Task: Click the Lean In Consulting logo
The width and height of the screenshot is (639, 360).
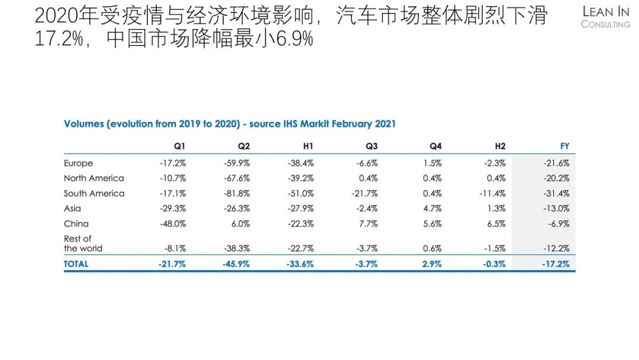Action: (605, 17)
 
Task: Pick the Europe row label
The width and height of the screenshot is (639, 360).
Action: (78, 163)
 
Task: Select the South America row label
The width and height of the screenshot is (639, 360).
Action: (94, 193)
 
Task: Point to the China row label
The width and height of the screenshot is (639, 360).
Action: (76, 223)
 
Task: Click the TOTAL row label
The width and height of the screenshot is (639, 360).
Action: (76, 264)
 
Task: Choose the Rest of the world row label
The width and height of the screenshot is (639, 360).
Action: (83, 243)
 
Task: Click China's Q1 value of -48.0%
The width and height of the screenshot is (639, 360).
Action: (173, 224)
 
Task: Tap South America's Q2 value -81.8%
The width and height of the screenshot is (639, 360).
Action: (237, 194)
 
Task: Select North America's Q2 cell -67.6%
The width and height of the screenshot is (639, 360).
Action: (237, 178)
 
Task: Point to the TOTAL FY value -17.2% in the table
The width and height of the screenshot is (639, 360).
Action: (556, 264)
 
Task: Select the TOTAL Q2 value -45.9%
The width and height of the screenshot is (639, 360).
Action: (236, 264)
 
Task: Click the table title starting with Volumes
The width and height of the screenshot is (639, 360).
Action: (230, 124)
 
